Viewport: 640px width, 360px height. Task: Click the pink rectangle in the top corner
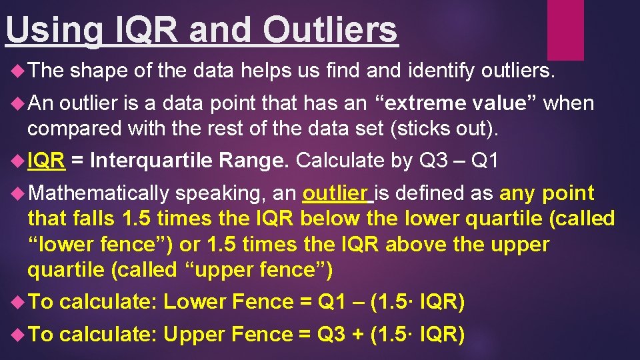[x=565, y=29]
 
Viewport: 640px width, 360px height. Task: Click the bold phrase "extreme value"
[x=459, y=103]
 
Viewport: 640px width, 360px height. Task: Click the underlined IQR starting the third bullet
[x=46, y=160]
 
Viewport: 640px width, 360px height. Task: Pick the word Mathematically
[x=99, y=193]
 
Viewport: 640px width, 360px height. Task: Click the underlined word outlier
[x=335, y=193]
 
